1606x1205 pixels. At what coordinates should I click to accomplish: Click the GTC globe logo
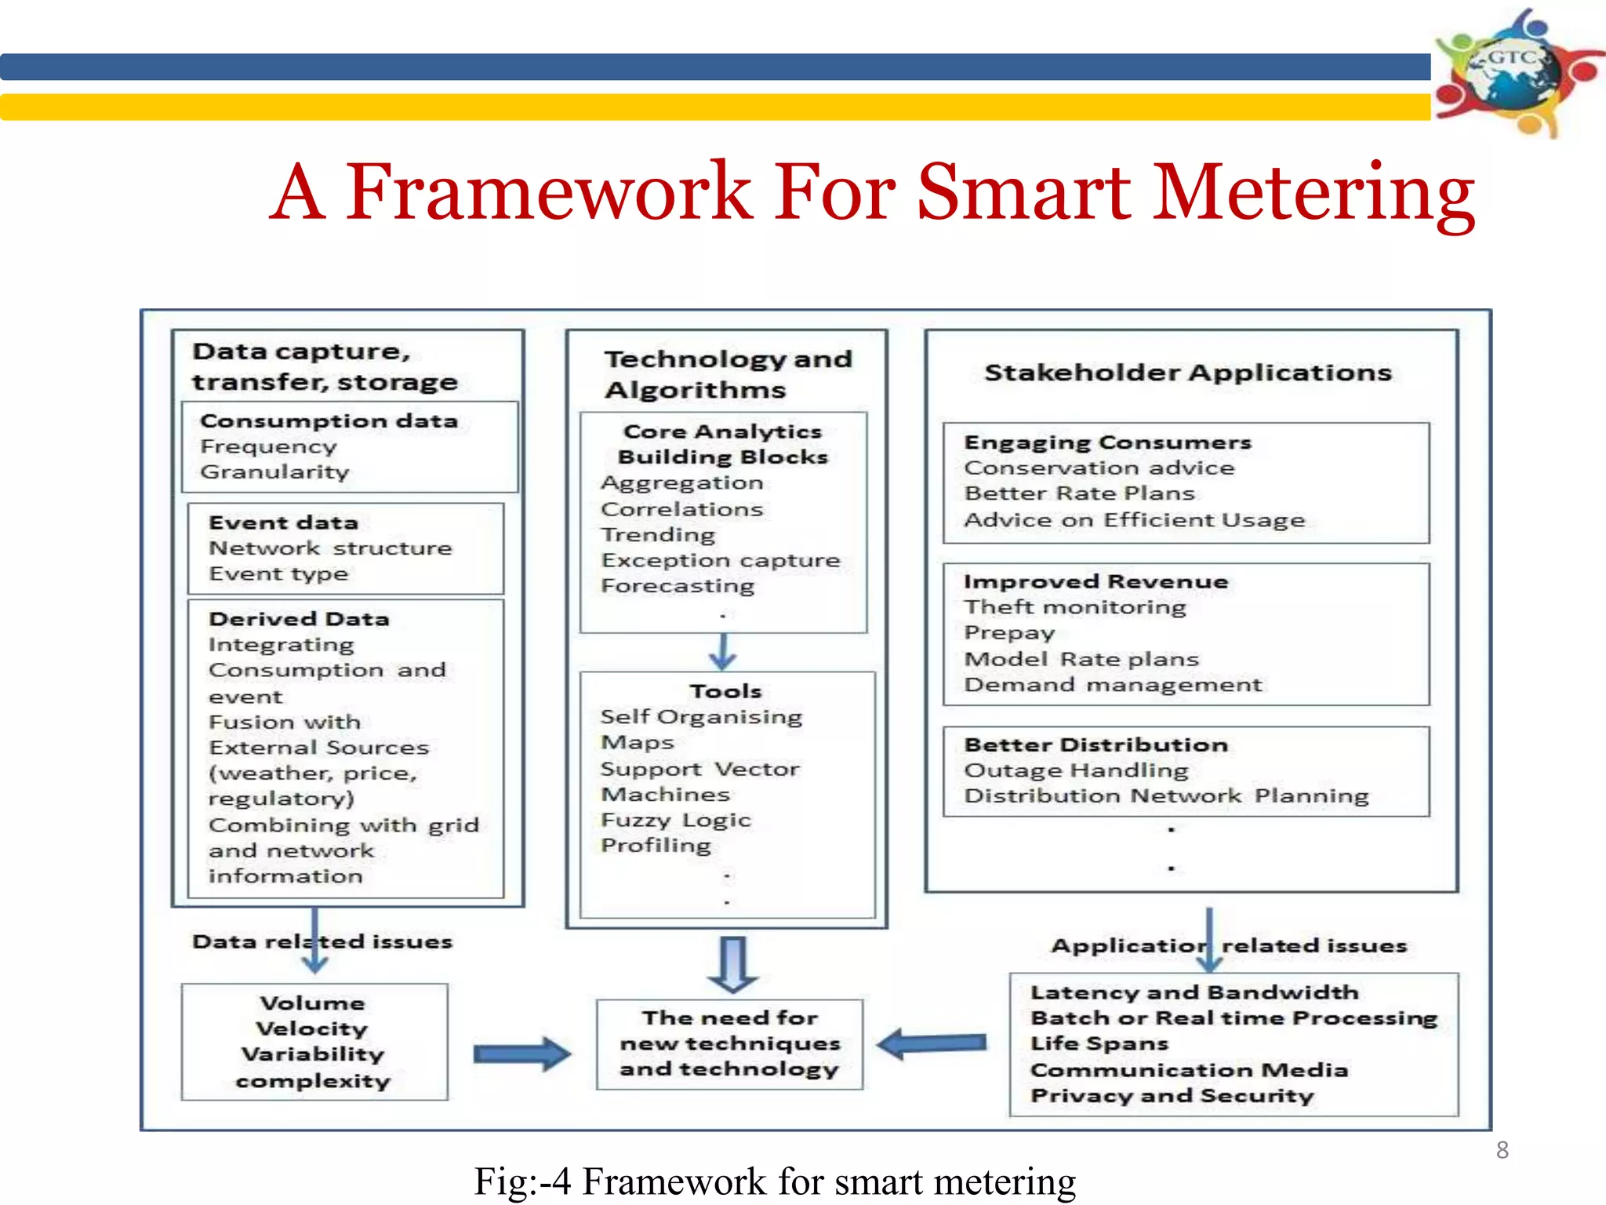click(1513, 72)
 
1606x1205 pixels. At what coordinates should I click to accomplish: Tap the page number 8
click(1502, 1150)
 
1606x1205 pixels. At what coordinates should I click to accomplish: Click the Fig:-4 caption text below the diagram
click(775, 1181)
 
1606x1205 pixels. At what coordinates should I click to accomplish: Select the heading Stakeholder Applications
click(1188, 373)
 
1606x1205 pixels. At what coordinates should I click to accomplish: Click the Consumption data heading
click(329, 421)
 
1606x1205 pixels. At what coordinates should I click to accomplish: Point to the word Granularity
click(274, 472)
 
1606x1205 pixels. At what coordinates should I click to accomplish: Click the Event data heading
click(283, 523)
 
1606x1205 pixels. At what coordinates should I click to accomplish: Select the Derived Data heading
click(299, 619)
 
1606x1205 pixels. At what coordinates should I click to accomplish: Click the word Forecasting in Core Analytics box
click(678, 586)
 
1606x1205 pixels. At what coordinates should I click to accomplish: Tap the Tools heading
click(725, 691)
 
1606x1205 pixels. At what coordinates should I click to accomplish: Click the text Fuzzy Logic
click(675, 821)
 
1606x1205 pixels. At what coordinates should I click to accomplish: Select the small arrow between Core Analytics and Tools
click(722, 651)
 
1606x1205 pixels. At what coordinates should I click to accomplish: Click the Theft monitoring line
click(1074, 607)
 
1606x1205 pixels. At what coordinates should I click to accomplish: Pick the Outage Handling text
click(1076, 770)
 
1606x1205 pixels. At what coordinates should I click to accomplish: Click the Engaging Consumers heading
click(1107, 442)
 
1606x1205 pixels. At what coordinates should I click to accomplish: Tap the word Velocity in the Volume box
click(311, 1028)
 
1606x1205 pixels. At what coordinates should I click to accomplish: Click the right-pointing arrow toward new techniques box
click(521, 1054)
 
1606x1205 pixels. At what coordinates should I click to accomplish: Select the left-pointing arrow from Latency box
click(932, 1043)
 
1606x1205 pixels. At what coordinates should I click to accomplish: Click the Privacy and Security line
click(1172, 1096)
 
